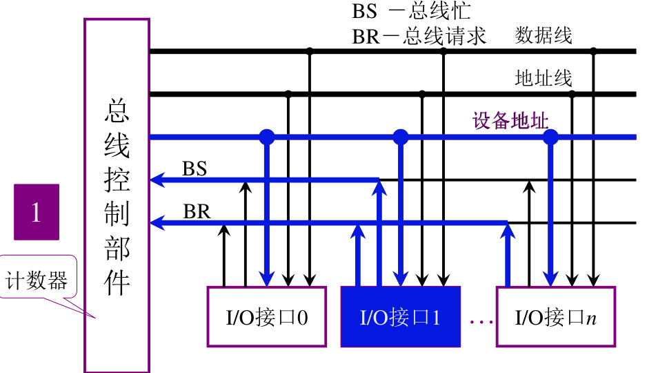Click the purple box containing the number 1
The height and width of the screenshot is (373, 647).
37,211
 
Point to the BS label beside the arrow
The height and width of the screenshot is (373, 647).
195,169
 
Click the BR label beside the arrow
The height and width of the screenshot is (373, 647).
197,212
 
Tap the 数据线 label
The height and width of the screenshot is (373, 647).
544,36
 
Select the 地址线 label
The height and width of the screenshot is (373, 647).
544,78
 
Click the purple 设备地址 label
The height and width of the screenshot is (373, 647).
510,122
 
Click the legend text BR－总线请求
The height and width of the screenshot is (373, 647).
419,36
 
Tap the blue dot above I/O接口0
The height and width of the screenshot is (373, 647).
267,137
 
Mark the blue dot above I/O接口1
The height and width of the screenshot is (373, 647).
401,137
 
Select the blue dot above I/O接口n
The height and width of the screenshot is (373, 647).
550,137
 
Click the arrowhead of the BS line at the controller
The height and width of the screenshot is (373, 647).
156,181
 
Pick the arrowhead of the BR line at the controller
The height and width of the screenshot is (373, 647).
156,222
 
